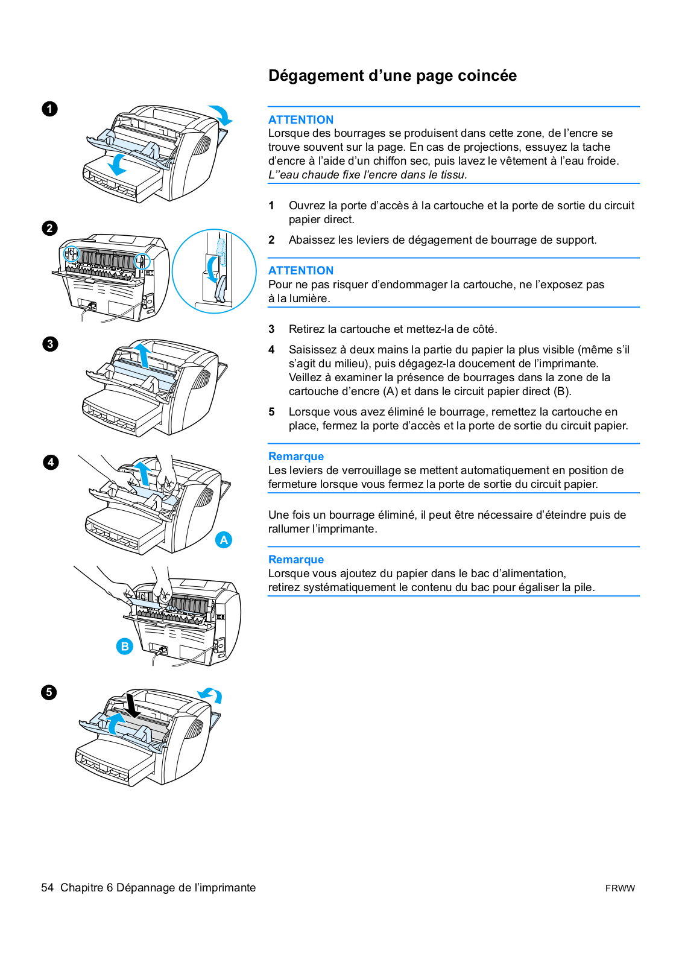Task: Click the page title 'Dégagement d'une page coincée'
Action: [392, 76]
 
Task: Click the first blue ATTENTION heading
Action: [300, 119]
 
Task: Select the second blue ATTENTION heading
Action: [300, 270]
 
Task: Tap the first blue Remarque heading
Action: [295, 456]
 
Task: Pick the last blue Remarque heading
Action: [295, 559]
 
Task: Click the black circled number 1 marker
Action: [49, 109]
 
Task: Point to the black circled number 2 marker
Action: [49, 228]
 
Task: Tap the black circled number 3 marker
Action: [50, 344]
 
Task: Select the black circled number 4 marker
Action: [51, 463]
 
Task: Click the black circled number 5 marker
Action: [49, 692]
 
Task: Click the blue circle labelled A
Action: [224, 540]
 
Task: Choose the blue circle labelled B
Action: [124, 646]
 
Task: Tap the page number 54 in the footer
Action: [47, 887]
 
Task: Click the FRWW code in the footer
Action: [619, 888]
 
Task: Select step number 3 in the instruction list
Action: [271, 329]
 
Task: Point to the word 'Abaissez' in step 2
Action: [311, 240]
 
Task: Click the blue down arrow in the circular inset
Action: [212, 268]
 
